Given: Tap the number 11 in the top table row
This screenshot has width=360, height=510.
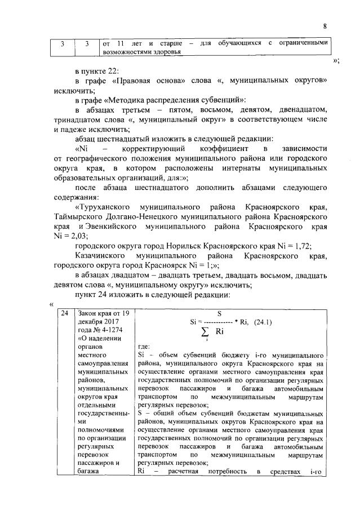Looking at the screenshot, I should pos(121,43).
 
